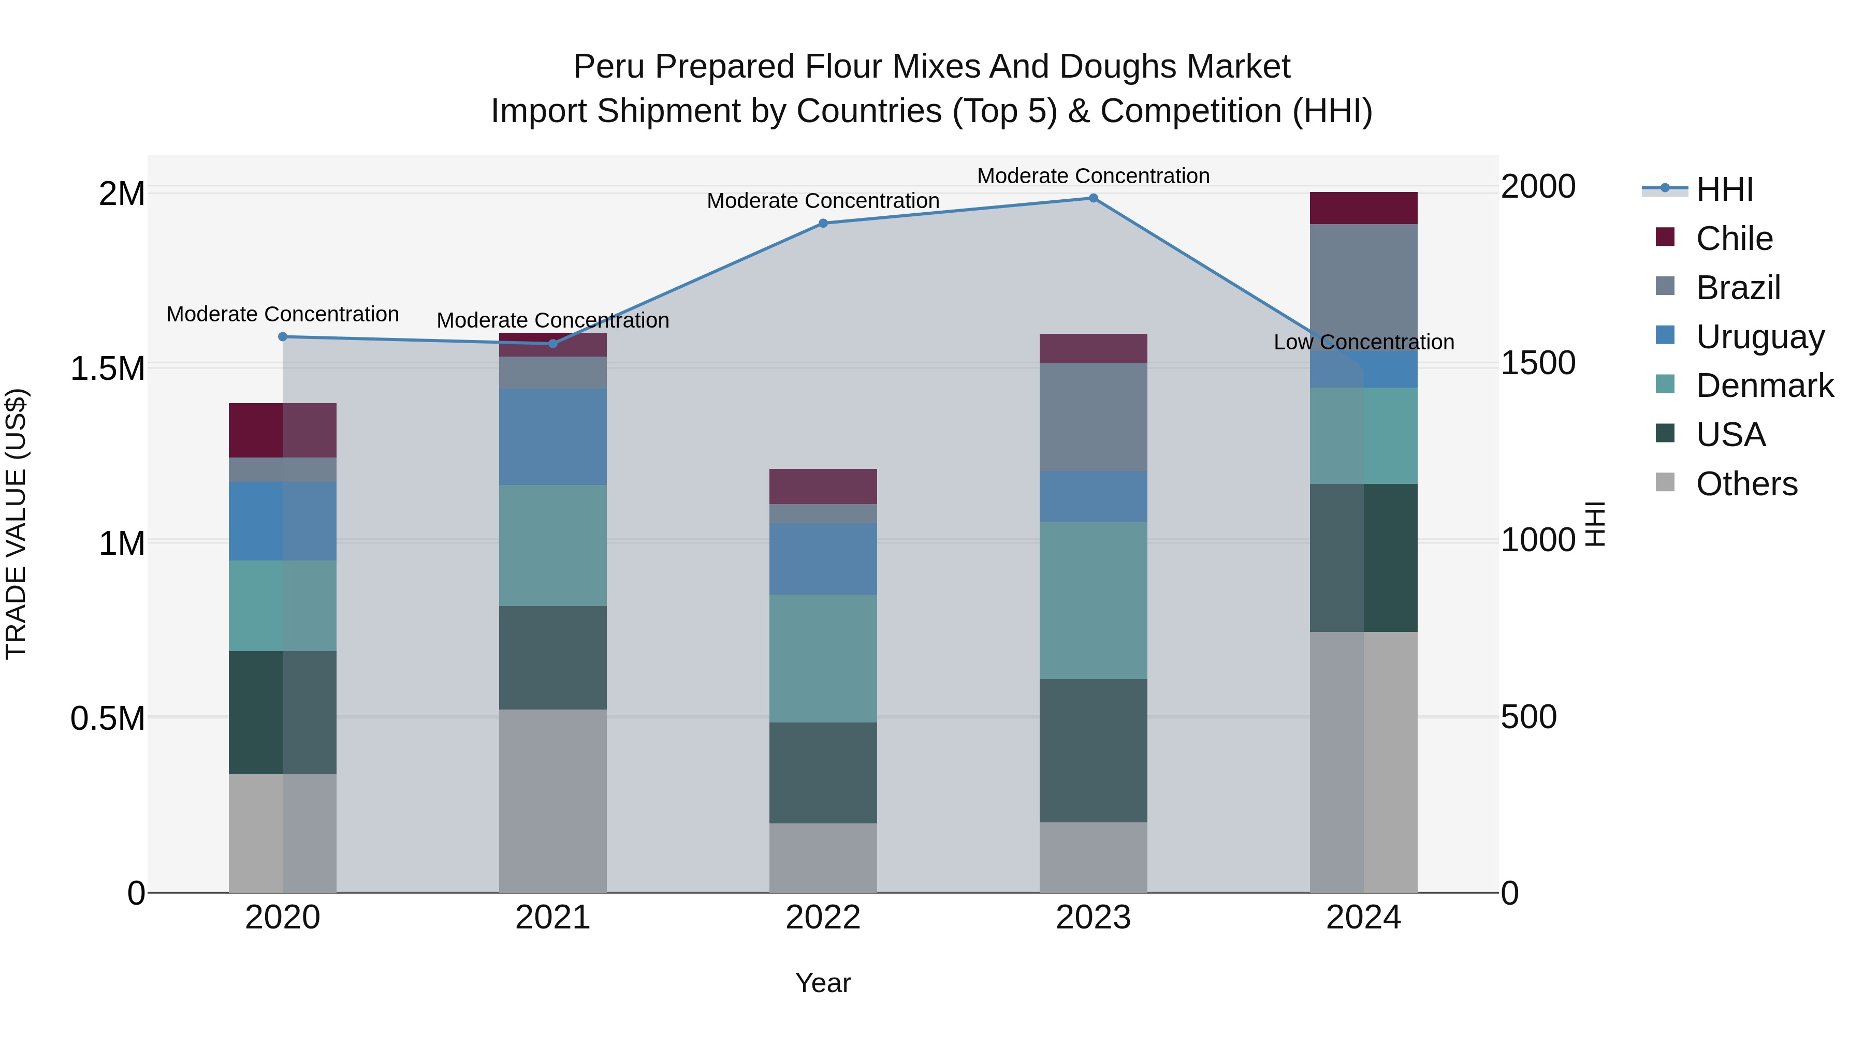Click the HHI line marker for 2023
coord(1094,198)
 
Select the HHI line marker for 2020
coord(283,337)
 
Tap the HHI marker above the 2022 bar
coord(823,224)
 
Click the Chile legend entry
coord(1734,239)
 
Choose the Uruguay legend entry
coord(1759,337)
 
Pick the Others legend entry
coord(1746,484)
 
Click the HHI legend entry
coord(1724,189)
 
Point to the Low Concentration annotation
coord(1363,342)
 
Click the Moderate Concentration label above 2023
coord(1094,176)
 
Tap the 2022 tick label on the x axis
coord(823,918)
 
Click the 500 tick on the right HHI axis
coord(1528,717)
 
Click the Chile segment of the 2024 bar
coord(1363,208)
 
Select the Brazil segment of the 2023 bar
coord(1094,417)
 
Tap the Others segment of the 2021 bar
coord(553,801)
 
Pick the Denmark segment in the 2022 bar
coord(823,658)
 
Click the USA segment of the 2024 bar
coord(1363,557)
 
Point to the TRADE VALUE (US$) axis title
coord(16,524)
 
